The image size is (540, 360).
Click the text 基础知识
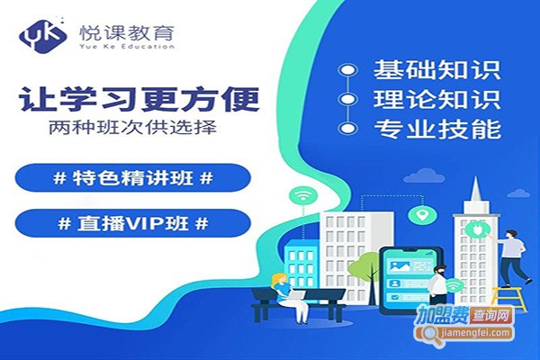pos(436,68)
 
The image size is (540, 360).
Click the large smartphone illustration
pos(409,280)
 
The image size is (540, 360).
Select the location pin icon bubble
pos(418,216)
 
